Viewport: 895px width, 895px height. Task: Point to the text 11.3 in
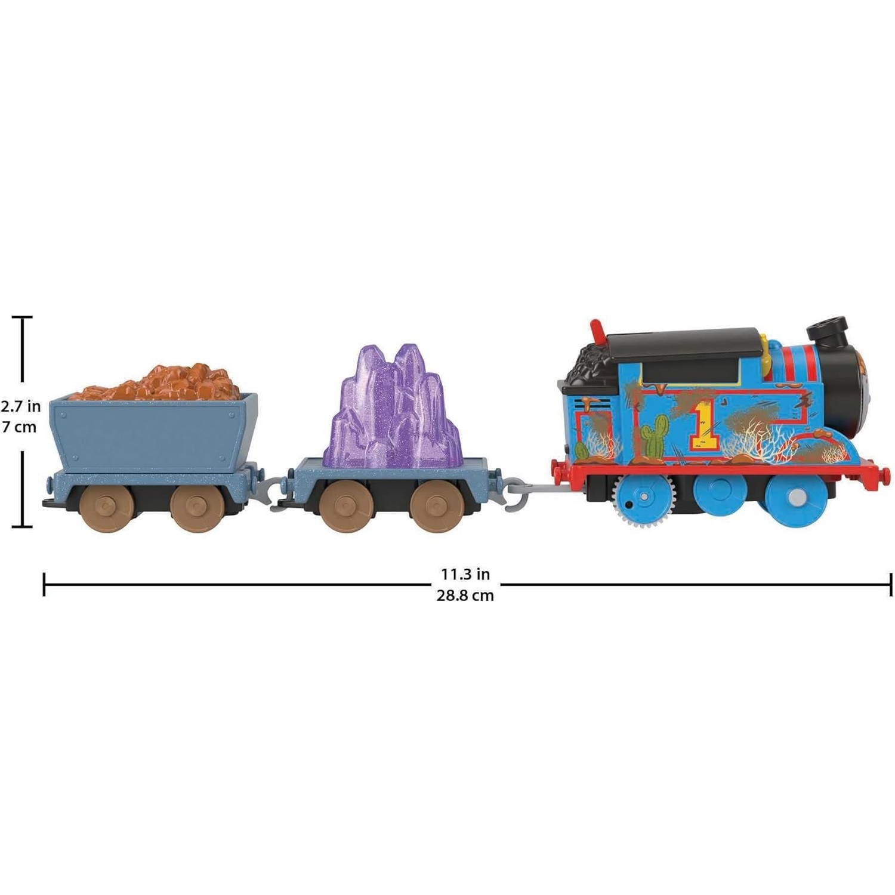pyautogui.click(x=465, y=574)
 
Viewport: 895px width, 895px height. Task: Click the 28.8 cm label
pyautogui.click(x=465, y=595)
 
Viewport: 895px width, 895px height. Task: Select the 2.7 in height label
pyautogui.click(x=21, y=406)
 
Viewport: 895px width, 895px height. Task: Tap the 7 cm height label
pyautogui.click(x=19, y=427)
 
